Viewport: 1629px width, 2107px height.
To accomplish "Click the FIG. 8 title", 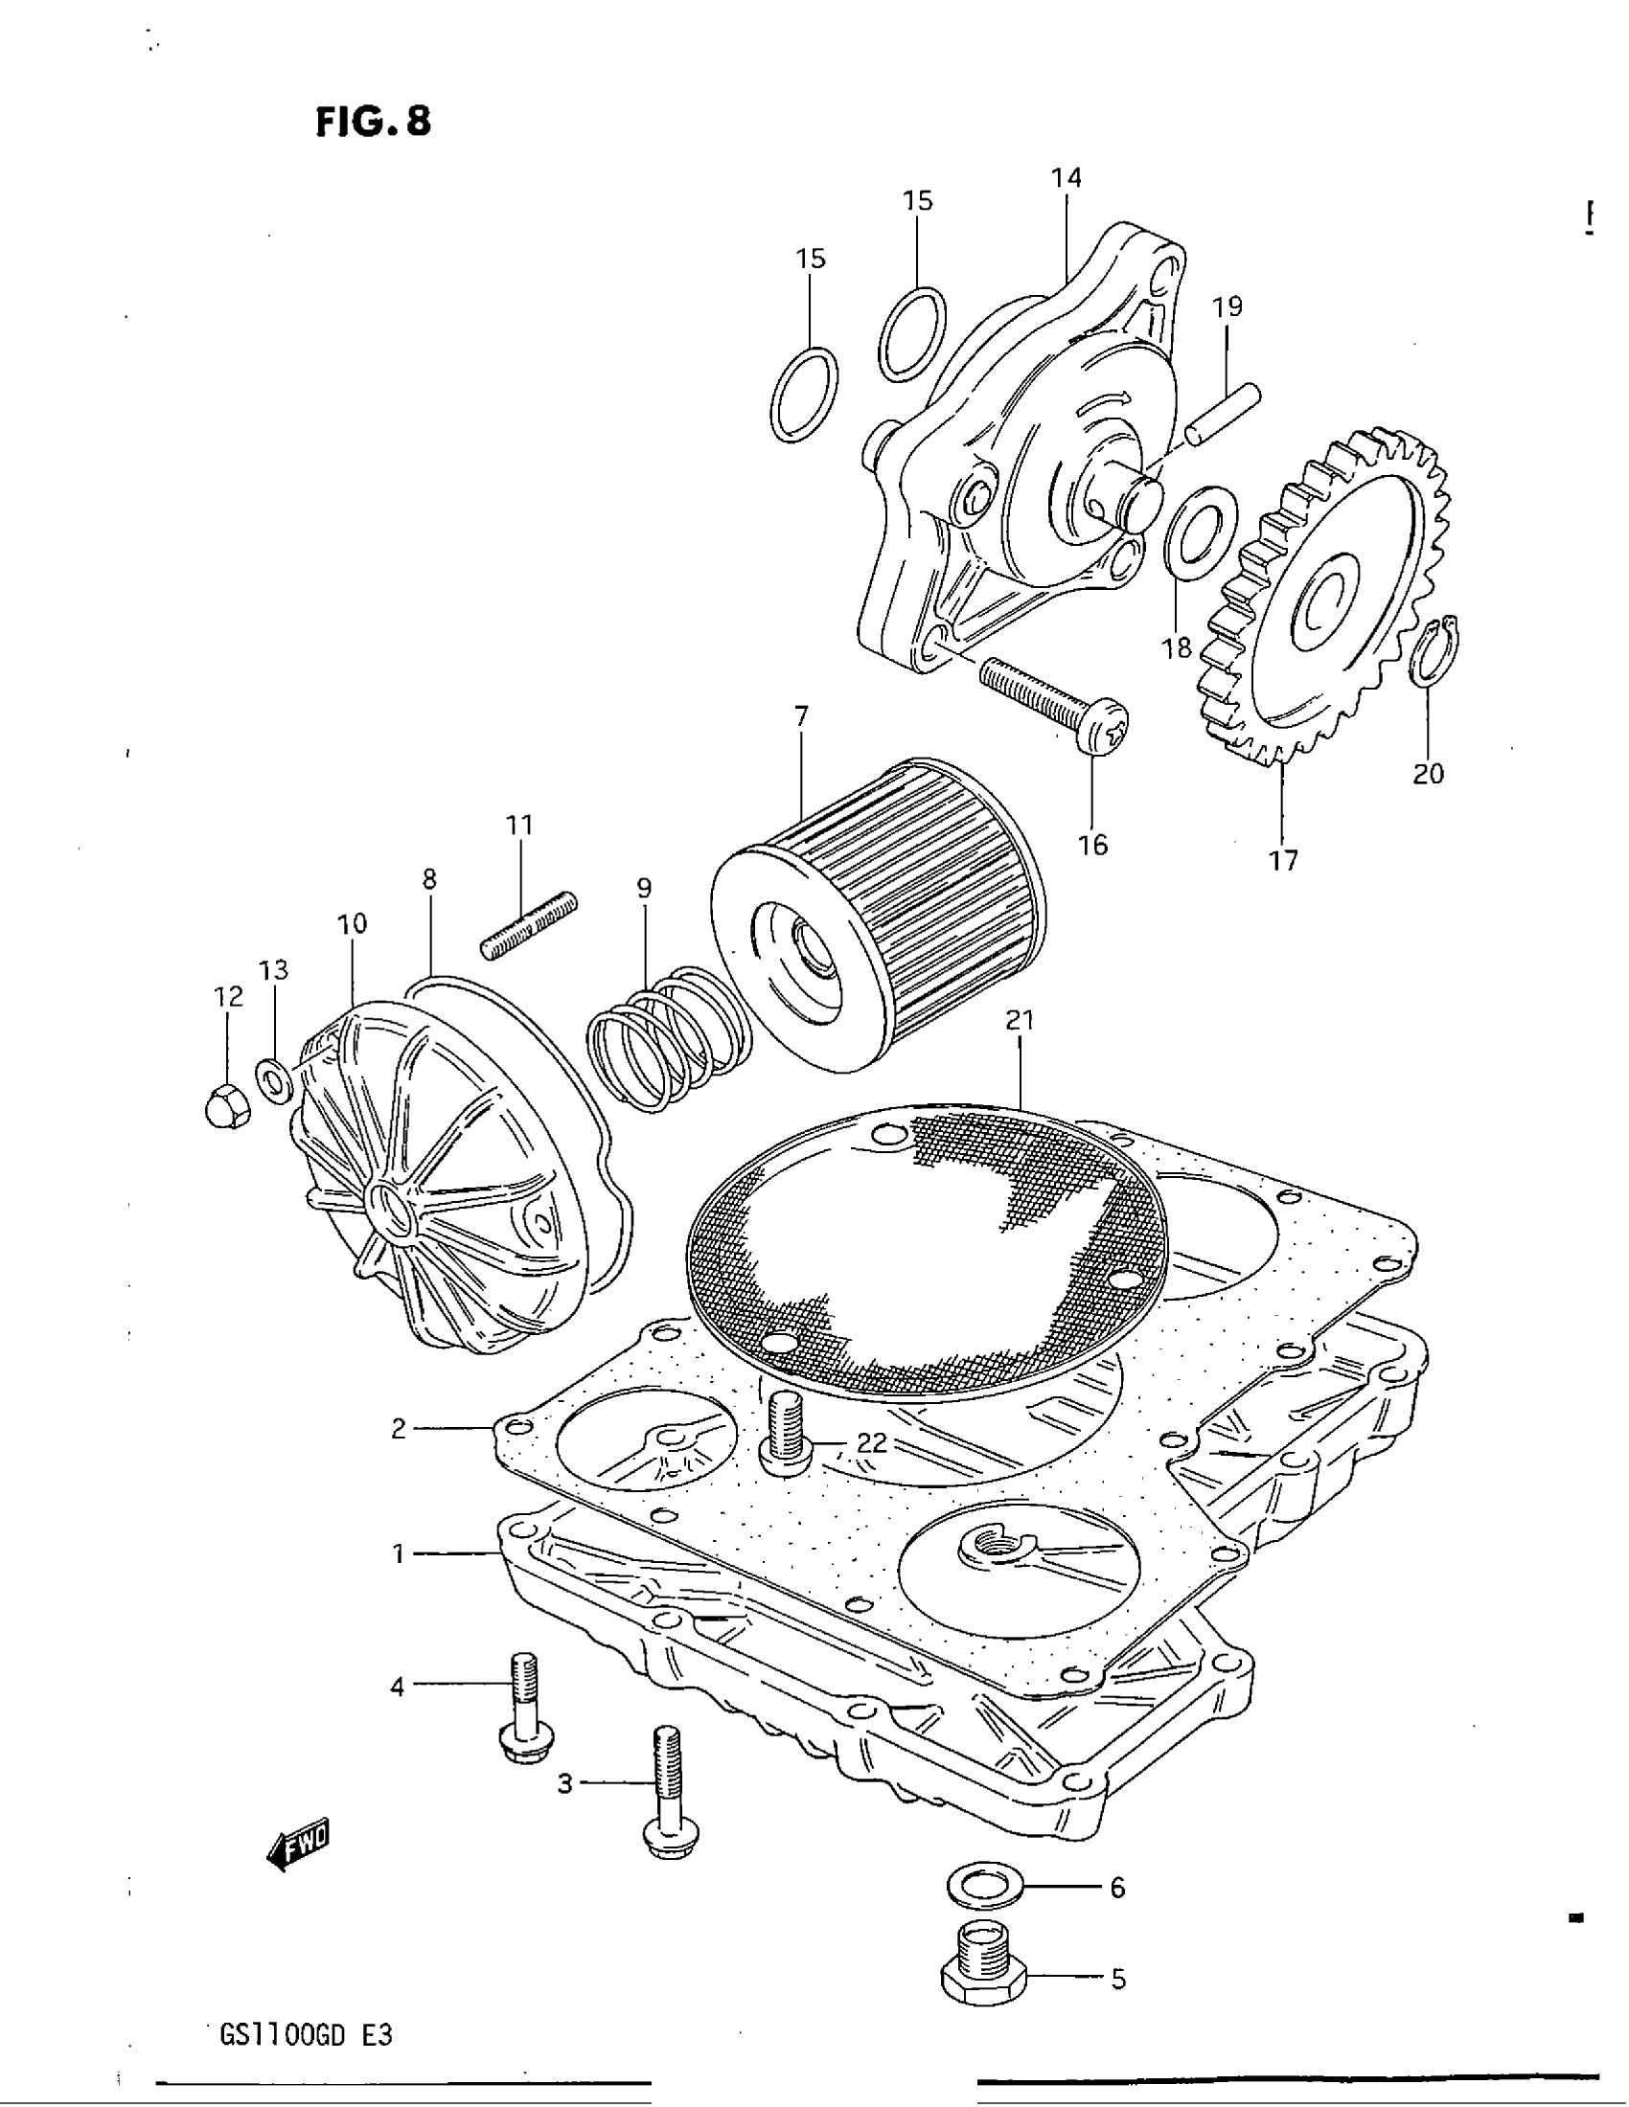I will point(374,122).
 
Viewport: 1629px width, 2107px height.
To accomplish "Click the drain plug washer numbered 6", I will point(981,1886).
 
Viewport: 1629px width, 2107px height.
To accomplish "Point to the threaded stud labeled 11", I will point(528,926).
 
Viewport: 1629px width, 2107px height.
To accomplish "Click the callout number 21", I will point(1020,1020).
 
